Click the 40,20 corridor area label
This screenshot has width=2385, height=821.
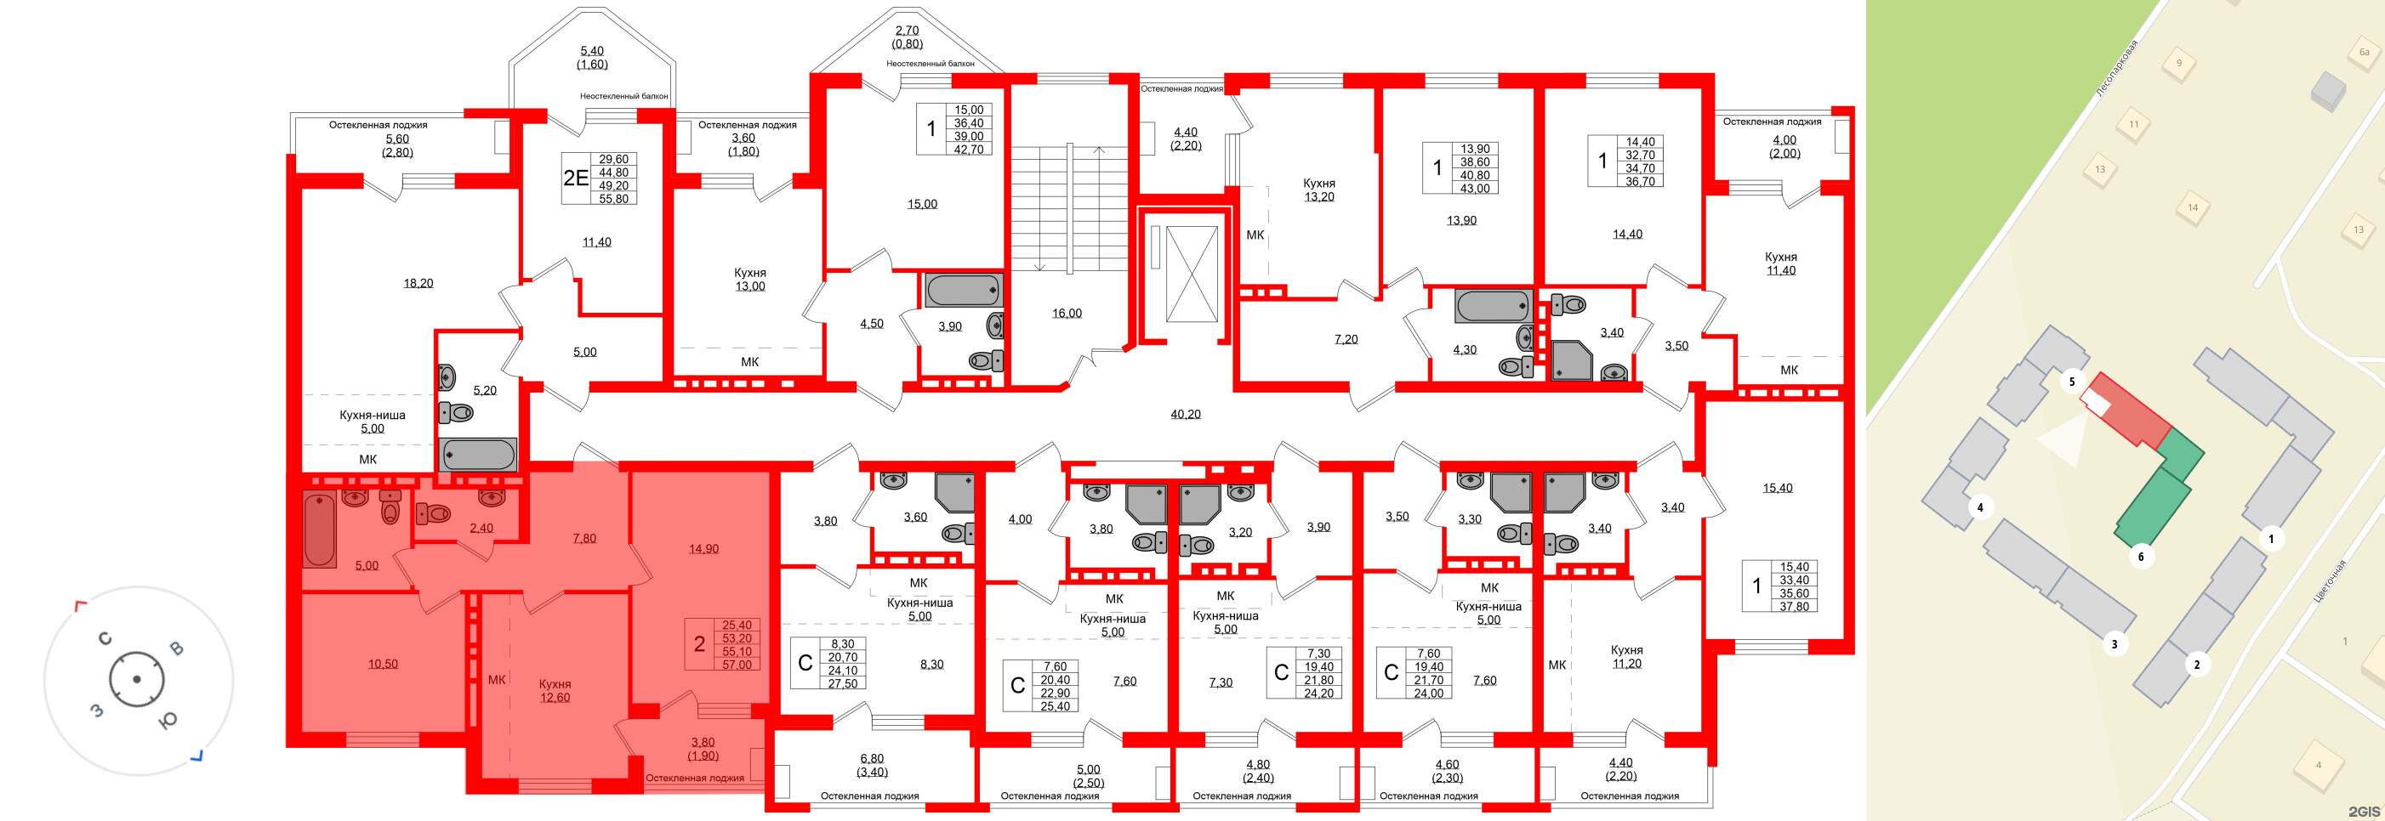point(1185,415)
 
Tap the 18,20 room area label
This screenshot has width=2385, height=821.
point(418,283)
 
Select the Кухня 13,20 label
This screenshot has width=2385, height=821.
point(1318,190)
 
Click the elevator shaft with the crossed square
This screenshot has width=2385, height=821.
point(1192,273)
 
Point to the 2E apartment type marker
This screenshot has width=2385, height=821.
point(576,178)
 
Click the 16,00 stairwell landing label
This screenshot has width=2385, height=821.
point(1067,313)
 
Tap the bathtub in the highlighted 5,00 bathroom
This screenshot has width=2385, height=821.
point(320,530)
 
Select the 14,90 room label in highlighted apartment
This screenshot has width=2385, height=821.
point(703,549)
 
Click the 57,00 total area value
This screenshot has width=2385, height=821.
point(737,665)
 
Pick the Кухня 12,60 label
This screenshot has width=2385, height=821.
point(555,690)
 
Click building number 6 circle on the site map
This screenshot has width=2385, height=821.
point(2141,557)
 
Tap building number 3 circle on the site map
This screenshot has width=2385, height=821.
point(2114,643)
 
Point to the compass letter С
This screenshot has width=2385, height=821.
point(105,638)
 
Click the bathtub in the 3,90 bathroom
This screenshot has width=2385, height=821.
point(964,290)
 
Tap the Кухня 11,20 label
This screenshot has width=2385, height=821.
point(1627,656)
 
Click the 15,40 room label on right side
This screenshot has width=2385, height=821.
point(1777,488)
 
